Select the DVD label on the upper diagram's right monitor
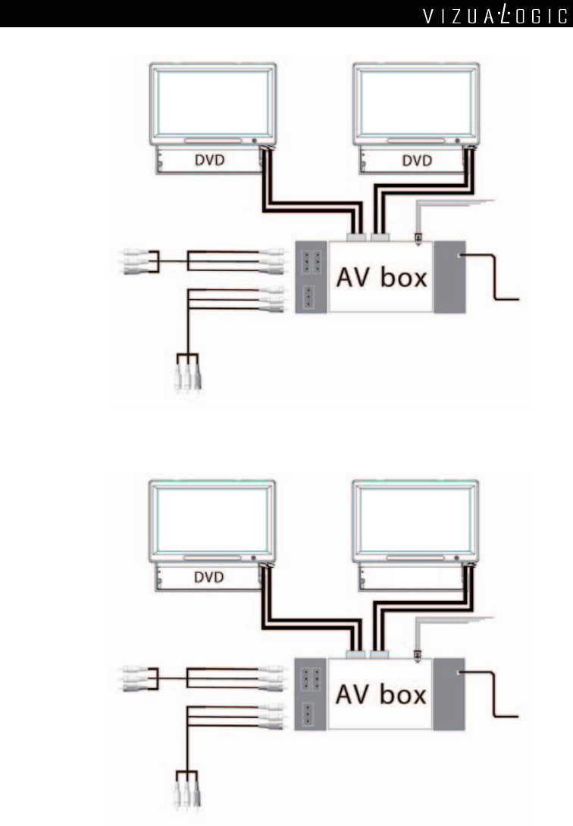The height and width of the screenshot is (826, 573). [x=416, y=161]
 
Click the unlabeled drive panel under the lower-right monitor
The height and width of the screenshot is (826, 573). [x=409, y=578]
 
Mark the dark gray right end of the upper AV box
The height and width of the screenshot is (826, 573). [x=449, y=276]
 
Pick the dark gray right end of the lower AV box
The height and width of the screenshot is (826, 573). [x=449, y=694]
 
